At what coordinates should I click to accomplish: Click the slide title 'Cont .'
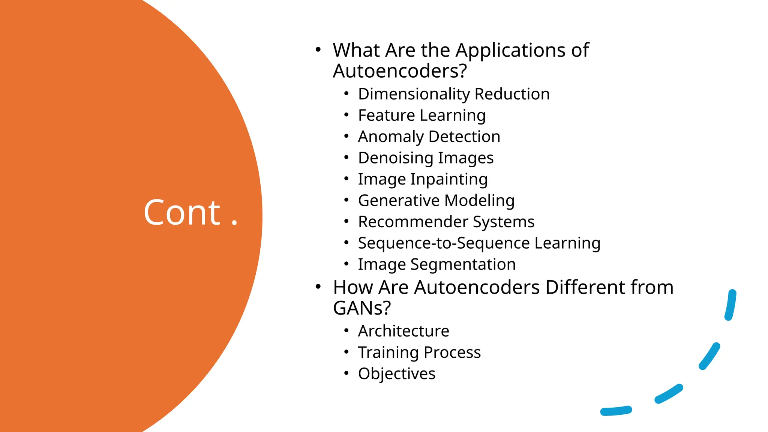pyautogui.click(x=190, y=213)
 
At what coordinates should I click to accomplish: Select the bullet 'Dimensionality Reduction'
pyautogui.click(x=454, y=94)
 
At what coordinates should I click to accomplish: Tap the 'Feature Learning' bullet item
pyautogui.click(x=421, y=115)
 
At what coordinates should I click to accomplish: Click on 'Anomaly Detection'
pyautogui.click(x=429, y=136)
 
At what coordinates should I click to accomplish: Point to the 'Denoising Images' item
pyautogui.click(x=426, y=158)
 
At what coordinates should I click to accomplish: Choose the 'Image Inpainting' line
pyautogui.click(x=423, y=179)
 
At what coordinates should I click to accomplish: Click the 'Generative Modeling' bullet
pyautogui.click(x=436, y=201)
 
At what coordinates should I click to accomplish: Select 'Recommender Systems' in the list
pyautogui.click(x=446, y=222)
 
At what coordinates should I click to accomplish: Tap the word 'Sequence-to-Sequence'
pyautogui.click(x=444, y=243)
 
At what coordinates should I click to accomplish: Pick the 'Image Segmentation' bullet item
pyautogui.click(x=437, y=264)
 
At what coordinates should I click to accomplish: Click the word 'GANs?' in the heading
pyautogui.click(x=362, y=308)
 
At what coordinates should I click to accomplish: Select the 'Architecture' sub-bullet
pyautogui.click(x=403, y=331)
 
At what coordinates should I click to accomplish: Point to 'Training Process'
pyautogui.click(x=419, y=352)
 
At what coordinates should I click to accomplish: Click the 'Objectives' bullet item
pyautogui.click(x=397, y=374)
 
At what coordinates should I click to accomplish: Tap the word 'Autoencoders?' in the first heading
pyautogui.click(x=400, y=71)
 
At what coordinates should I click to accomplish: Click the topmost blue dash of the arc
pyautogui.click(x=730, y=305)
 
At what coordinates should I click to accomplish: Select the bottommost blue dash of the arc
pyautogui.click(x=616, y=411)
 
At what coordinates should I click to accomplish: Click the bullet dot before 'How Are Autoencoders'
pyautogui.click(x=318, y=287)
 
